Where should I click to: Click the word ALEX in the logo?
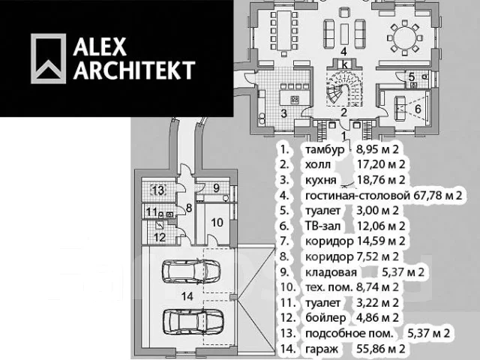100,46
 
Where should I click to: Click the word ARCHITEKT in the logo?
134,70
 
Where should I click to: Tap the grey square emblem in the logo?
48,58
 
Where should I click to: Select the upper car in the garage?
191,271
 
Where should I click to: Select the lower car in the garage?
193,321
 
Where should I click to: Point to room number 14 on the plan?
187,296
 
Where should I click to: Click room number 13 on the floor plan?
159,190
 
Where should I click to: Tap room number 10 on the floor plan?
217,222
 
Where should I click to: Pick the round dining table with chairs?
405,38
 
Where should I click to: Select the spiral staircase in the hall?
344,88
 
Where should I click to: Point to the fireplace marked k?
345,64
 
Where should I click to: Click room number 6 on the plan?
418,109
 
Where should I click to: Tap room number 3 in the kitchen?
284,113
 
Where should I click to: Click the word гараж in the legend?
322,349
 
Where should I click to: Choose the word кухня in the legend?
321,180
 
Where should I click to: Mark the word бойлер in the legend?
325,318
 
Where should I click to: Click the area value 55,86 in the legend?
370,349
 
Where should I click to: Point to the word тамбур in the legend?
325,150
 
